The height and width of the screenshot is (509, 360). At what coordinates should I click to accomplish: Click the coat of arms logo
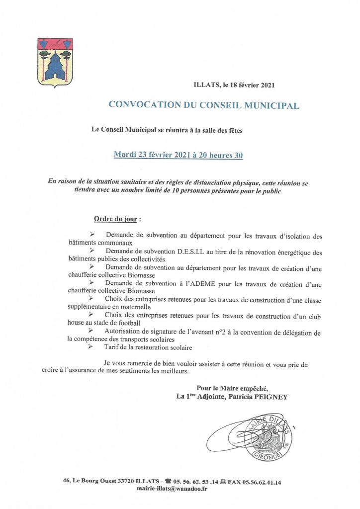tap(55, 63)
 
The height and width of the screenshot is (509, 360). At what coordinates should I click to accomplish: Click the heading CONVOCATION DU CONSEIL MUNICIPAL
tap(204, 105)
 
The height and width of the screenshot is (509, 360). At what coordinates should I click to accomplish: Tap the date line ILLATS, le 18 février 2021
tap(234, 85)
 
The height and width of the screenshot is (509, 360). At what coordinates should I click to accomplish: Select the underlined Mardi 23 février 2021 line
tap(179, 155)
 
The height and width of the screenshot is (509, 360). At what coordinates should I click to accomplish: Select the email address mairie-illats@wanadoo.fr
tap(172, 489)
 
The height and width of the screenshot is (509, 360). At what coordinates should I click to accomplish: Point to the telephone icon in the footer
tap(168, 481)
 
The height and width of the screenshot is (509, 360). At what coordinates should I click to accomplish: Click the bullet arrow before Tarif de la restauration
tap(90, 347)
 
